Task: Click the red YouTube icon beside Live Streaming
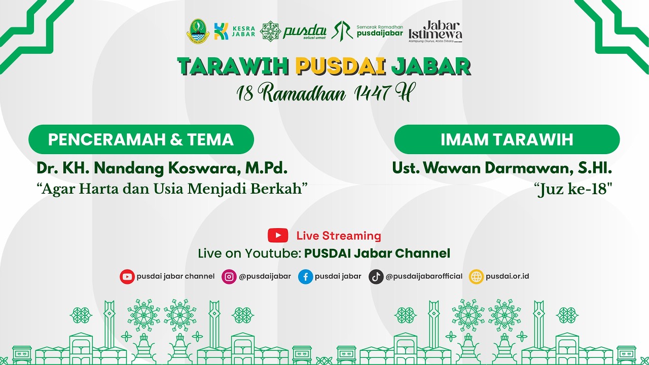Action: point(278,235)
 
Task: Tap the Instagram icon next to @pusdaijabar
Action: point(229,276)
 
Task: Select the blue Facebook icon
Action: point(305,276)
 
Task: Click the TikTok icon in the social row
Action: point(376,276)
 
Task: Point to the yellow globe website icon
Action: point(476,276)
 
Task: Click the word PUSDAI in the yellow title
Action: point(339,66)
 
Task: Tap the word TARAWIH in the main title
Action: point(233,66)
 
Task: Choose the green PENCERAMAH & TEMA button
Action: point(141,139)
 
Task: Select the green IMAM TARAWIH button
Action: point(507,139)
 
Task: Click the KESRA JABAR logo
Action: point(228,31)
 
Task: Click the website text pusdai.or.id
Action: point(508,276)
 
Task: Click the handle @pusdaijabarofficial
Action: point(424,276)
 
